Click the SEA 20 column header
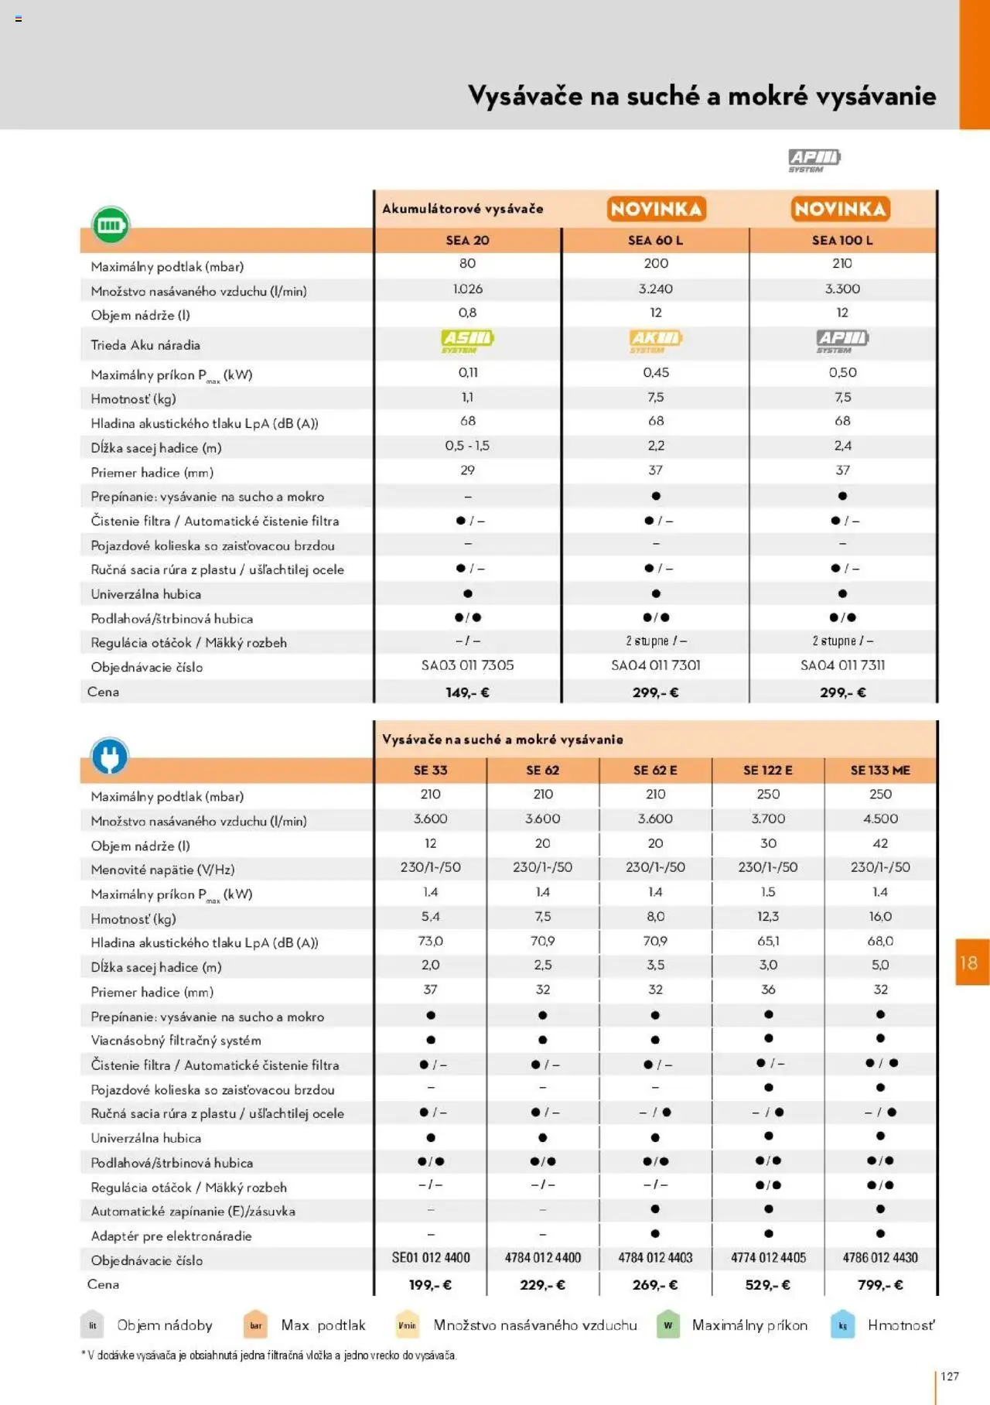point(467,241)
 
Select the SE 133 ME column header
point(880,771)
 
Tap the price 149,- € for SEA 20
point(467,692)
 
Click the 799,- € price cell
point(880,1285)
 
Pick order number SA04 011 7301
point(656,665)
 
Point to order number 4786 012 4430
point(880,1258)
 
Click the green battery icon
point(111,225)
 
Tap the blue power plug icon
point(110,757)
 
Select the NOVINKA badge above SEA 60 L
point(656,209)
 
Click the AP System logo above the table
point(814,160)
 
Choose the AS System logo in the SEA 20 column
point(467,340)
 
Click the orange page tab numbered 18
point(971,962)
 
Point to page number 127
point(950,1376)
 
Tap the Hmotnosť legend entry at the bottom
point(900,1325)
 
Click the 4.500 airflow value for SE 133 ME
point(880,819)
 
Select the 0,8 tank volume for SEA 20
point(467,313)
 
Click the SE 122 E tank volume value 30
point(768,843)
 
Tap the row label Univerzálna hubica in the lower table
point(146,1138)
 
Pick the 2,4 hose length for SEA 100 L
point(842,446)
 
